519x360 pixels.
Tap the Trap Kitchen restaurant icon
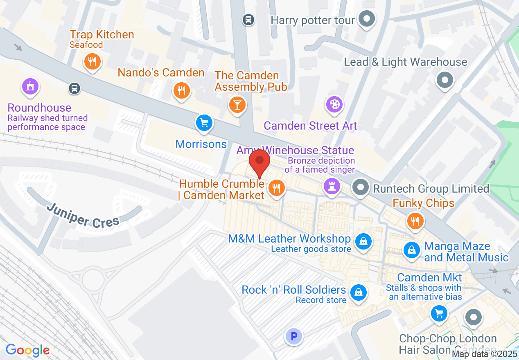[x=92, y=62]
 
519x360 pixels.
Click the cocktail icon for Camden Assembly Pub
[x=237, y=104]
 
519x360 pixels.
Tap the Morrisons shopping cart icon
[x=204, y=122]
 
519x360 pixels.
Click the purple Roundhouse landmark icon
[x=30, y=86]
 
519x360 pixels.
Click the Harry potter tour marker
[x=366, y=19]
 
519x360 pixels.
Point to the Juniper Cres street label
[x=83, y=215]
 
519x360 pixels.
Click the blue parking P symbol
[x=293, y=337]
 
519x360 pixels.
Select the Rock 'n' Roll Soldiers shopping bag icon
[x=359, y=292]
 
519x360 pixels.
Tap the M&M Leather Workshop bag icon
[x=363, y=241]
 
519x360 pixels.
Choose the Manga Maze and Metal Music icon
[x=412, y=249]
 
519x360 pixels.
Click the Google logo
[x=27, y=350]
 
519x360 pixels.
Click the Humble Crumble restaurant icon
[x=277, y=188]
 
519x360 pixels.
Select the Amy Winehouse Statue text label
[x=295, y=150]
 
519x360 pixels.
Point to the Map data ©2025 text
[x=485, y=354]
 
